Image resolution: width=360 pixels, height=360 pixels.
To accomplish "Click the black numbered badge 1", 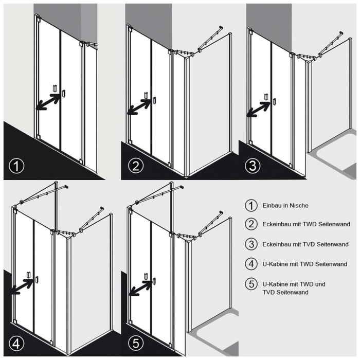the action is [16, 166].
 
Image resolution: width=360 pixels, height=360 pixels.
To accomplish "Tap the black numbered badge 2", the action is [136, 166].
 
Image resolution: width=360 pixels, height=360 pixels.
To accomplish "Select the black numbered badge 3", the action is [253, 166].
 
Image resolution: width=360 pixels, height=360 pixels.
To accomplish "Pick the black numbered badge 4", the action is [16, 344].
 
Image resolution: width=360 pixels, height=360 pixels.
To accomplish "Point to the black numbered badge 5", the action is [136, 344].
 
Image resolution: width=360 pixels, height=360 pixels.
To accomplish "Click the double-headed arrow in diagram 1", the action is [48, 102].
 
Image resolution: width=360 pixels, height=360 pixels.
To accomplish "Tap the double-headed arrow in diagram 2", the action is [139, 107].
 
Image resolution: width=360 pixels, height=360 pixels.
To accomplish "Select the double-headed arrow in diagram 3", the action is [259, 110].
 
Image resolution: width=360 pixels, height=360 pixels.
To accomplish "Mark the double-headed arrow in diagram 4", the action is [23, 286].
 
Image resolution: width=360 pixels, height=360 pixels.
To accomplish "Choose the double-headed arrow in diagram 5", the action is [140, 287].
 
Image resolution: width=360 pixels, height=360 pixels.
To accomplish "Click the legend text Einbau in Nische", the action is [285, 206].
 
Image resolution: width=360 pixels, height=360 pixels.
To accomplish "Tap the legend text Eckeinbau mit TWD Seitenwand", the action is [307, 224].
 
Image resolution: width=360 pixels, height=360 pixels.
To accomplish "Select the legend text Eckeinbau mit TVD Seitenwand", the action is [305, 244].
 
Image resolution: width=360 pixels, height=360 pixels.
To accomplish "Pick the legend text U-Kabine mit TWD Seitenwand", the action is [304, 264].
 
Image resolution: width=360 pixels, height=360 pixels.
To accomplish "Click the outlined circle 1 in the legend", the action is [251, 206].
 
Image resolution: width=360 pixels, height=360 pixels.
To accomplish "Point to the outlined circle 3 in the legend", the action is [251, 244].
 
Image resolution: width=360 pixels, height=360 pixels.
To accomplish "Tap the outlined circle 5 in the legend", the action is [251, 284].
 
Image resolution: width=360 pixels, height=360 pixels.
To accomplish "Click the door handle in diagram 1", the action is [64, 93].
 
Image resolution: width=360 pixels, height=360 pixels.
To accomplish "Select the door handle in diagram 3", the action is [274, 101].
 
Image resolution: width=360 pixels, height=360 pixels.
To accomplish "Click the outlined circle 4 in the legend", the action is [251, 264].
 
